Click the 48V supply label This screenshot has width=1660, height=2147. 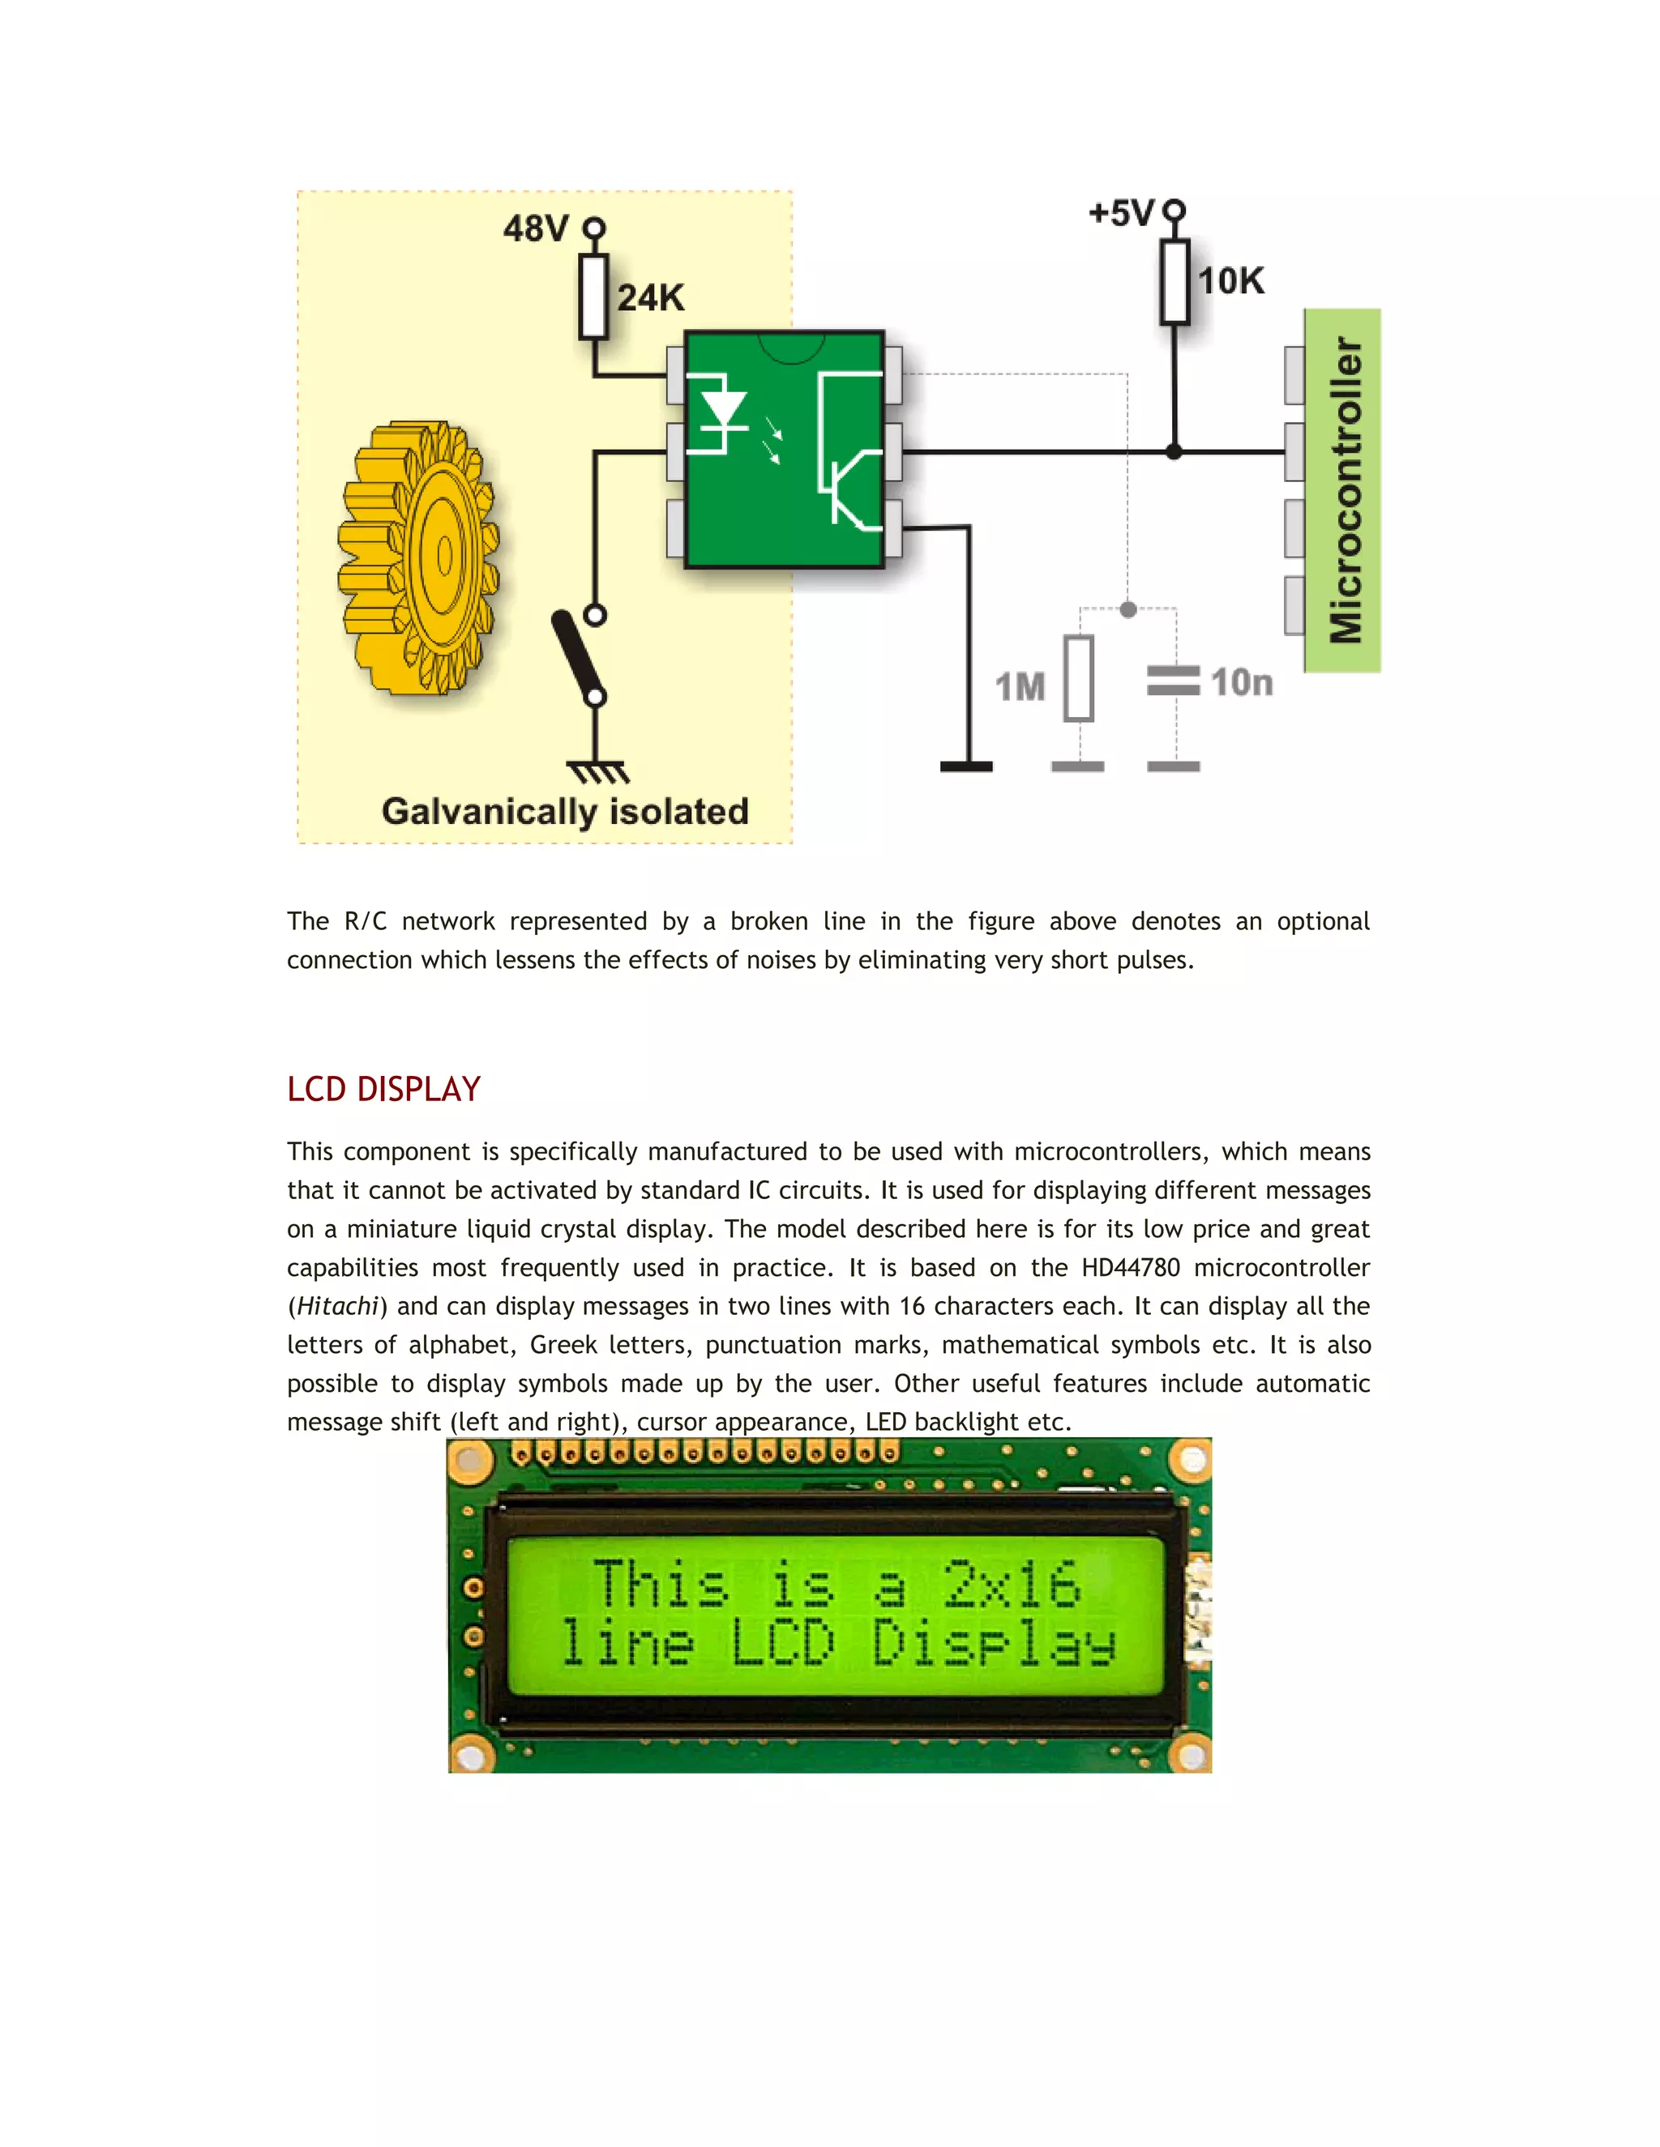click(536, 229)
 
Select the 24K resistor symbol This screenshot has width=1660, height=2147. click(593, 297)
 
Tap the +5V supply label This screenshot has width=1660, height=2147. click(1122, 213)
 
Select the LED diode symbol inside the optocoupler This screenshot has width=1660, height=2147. click(723, 410)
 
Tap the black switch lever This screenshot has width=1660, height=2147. click(577, 655)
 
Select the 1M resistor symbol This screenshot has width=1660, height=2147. click(1079, 678)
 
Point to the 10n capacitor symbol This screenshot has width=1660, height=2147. click(1173, 681)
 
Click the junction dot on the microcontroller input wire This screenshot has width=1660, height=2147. click(1174, 452)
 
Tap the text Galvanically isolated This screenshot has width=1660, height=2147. click(566, 812)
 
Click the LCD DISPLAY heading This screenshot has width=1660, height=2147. click(383, 1089)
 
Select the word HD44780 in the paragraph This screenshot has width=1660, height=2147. click(1130, 1268)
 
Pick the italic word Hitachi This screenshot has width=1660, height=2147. click(337, 1307)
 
